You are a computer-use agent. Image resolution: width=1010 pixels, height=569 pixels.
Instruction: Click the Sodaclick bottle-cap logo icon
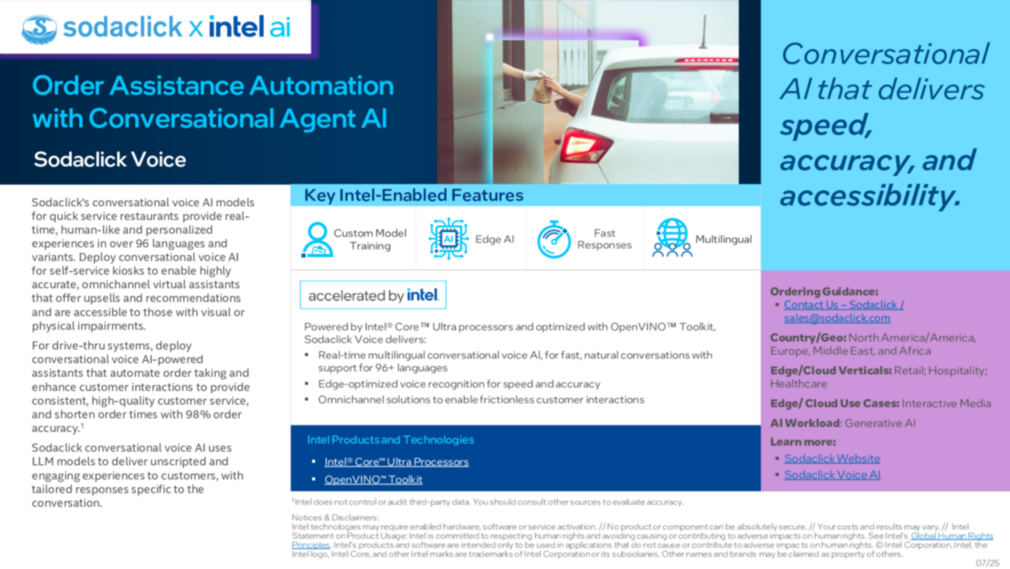39,28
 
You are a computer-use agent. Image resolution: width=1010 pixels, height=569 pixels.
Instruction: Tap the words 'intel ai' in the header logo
250,28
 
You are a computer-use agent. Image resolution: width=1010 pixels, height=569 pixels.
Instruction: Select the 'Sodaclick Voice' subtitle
109,160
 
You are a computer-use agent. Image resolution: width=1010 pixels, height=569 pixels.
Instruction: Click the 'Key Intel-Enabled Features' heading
413,196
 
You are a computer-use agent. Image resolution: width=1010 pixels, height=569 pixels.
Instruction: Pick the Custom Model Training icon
317,239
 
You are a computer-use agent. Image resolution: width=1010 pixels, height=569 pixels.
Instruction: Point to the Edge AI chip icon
448,238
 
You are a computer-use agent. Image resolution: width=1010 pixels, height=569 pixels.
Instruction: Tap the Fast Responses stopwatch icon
553,239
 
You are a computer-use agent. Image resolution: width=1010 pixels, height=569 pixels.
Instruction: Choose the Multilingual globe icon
672,238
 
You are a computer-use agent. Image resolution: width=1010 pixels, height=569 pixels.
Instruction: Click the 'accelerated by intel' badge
373,295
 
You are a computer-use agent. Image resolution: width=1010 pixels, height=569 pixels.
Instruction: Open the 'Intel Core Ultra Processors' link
396,461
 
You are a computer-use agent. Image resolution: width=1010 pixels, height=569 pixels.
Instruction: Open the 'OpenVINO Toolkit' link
373,479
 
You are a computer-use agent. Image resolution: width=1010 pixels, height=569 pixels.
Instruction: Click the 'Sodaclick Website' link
831,458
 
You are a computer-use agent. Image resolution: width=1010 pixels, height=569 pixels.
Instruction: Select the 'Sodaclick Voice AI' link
831,475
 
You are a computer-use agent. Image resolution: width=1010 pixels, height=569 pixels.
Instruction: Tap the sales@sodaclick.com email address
837,317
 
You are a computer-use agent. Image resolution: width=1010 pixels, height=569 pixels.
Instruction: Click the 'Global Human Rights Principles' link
950,536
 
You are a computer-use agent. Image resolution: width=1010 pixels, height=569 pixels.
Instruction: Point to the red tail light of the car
584,144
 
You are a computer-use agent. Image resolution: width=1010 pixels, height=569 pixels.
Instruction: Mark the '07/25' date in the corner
987,562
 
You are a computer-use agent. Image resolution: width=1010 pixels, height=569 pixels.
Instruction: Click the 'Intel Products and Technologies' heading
390,439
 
